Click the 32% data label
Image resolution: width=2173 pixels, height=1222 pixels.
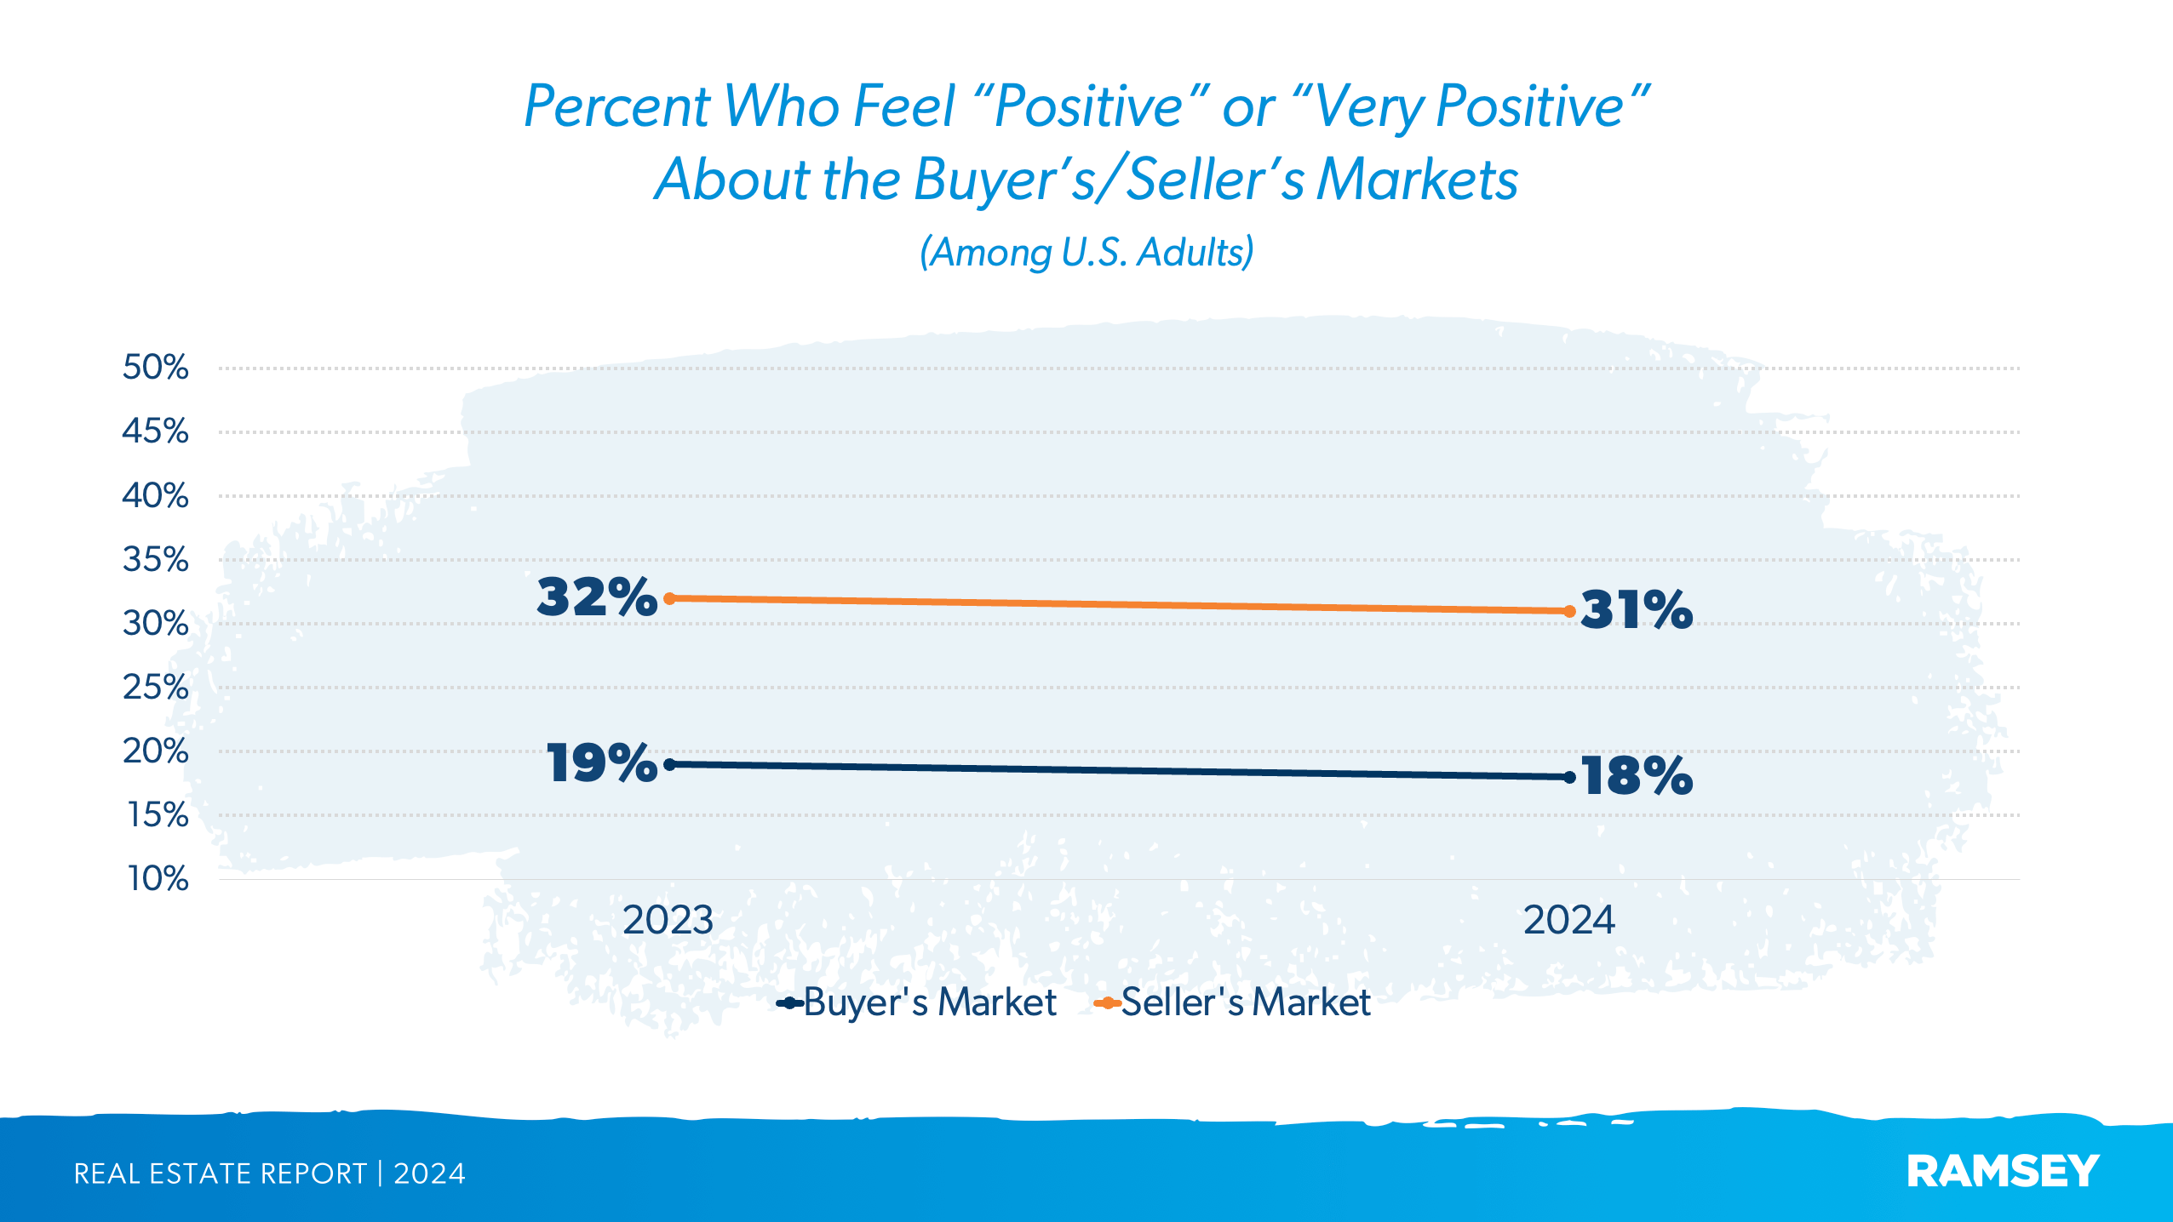pyautogui.click(x=597, y=597)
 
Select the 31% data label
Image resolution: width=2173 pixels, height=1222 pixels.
pyautogui.click(x=1636, y=609)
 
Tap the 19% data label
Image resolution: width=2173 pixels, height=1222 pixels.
pyautogui.click(x=601, y=762)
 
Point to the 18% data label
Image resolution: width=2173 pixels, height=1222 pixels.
pyautogui.click(x=1636, y=776)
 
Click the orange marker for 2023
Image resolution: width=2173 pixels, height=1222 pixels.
pyautogui.click(x=669, y=598)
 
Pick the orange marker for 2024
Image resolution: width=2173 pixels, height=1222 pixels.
pyautogui.click(x=1569, y=611)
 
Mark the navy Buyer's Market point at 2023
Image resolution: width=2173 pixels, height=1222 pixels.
pyautogui.click(x=669, y=764)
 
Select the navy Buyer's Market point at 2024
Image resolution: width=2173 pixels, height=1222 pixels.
pyautogui.click(x=1569, y=777)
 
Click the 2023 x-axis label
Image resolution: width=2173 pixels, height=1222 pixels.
pyautogui.click(x=668, y=920)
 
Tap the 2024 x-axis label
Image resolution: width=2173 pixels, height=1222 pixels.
pyautogui.click(x=1568, y=920)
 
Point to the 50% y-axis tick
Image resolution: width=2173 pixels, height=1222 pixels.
pyautogui.click(x=155, y=368)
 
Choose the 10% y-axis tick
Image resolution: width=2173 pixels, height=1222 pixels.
pyautogui.click(x=158, y=878)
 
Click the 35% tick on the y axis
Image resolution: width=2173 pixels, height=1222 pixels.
pyautogui.click(x=155, y=560)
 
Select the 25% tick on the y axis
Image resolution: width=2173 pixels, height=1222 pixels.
pyautogui.click(x=155, y=687)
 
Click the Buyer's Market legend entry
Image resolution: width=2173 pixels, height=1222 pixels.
pyautogui.click(x=928, y=1002)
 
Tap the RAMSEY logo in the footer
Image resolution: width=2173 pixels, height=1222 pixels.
pyautogui.click(x=2003, y=1172)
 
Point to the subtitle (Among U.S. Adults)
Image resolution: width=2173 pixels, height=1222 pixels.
pyautogui.click(x=1086, y=253)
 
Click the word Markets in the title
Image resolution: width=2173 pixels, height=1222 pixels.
pyautogui.click(x=1417, y=180)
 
